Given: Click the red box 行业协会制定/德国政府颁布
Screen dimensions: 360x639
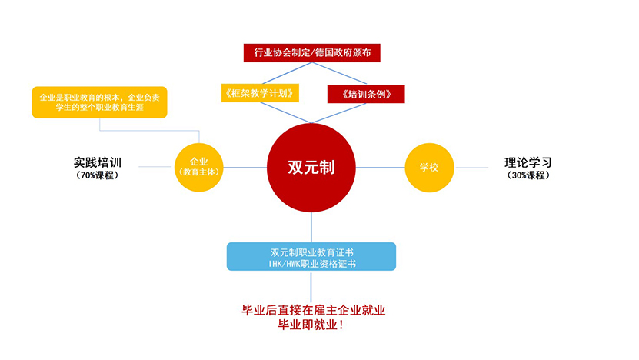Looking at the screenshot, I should tap(311, 53).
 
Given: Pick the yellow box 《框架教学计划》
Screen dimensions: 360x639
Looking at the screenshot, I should tap(259, 94).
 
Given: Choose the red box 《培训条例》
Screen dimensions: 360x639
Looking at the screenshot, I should tap(366, 94).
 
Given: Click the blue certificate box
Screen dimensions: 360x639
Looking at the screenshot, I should tap(311, 257).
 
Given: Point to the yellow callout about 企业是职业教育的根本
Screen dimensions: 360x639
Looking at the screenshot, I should tap(99, 102).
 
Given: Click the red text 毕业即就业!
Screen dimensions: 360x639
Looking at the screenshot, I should tap(311, 325).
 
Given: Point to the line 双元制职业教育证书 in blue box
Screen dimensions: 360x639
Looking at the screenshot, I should tap(311, 252).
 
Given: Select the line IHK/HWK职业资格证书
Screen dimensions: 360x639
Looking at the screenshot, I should tap(311, 264).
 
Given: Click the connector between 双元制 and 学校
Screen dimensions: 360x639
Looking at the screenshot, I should tap(381, 167).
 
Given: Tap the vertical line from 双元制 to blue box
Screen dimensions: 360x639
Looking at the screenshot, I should tap(311, 227).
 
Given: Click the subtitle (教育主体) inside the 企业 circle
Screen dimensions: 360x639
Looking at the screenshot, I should tap(199, 173).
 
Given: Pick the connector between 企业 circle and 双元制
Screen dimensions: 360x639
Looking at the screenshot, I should tap(245, 167).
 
